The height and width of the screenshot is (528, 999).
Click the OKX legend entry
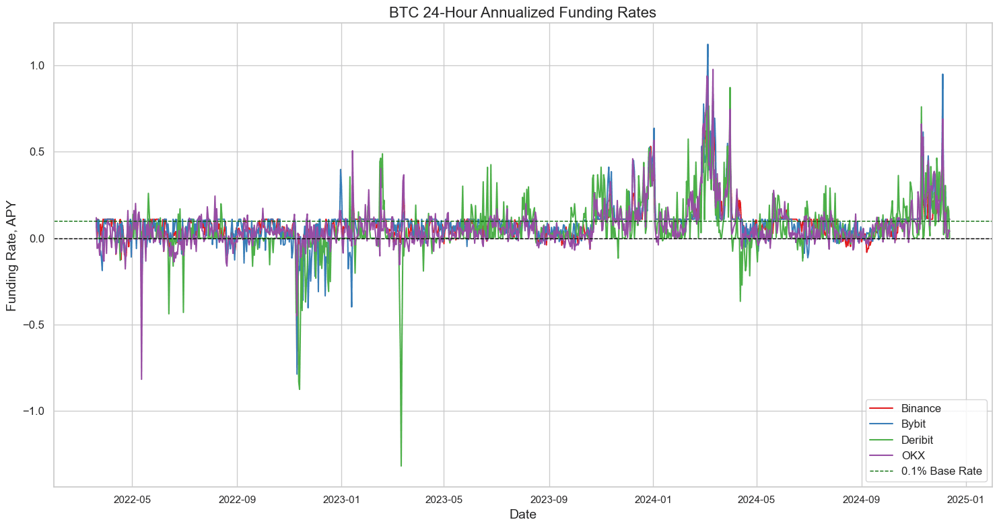(913, 456)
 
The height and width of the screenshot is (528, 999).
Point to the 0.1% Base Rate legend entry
(940, 471)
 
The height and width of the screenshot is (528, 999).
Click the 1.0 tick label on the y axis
(35, 66)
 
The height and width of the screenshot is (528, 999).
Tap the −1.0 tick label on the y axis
(32, 411)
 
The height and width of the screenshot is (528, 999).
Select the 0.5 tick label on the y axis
(35, 152)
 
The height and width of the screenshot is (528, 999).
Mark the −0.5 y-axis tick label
(32, 325)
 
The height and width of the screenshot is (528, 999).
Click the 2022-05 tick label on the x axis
(133, 499)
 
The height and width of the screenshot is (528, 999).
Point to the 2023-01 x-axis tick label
(341, 499)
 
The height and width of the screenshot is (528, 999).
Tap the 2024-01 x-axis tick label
(654, 499)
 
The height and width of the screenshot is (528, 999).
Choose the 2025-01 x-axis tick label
(966, 499)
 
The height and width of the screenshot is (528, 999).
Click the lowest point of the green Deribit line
(401, 465)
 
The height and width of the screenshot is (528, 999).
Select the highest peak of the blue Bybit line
(708, 45)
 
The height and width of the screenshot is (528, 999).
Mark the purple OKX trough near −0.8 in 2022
(141, 379)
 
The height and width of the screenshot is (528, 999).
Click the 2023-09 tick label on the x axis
(549, 499)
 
